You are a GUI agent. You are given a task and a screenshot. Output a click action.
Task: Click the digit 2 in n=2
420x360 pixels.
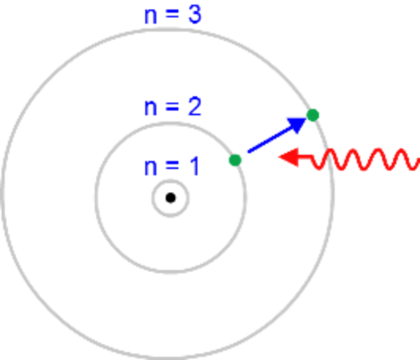(195, 106)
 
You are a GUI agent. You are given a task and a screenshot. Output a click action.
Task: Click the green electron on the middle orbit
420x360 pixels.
(235, 160)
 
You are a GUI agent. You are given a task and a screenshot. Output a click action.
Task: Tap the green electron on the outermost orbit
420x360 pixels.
(313, 115)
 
